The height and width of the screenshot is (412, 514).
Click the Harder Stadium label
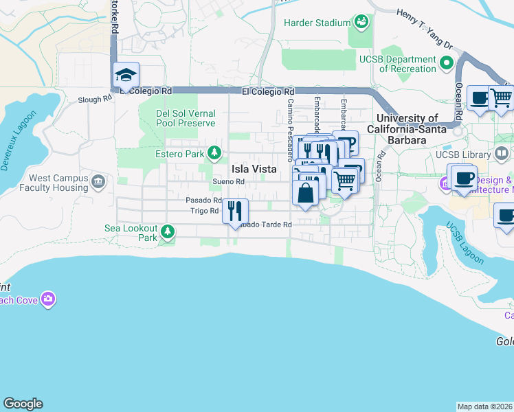point(317,23)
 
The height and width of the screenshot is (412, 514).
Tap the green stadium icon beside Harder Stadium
point(360,23)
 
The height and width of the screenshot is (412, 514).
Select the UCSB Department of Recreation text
point(398,64)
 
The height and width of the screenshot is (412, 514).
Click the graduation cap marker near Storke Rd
point(126,76)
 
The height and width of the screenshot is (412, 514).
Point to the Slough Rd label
point(95,99)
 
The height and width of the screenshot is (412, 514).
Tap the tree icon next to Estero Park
point(215,152)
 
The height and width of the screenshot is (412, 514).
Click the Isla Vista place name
point(254,169)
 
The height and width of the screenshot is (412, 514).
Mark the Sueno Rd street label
point(228,181)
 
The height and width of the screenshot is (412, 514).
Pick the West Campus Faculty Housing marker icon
point(98,182)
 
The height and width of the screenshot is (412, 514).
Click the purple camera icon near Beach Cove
point(48,299)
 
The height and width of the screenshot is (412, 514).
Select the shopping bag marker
point(305,192)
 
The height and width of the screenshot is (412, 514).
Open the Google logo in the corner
point(23,404)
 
